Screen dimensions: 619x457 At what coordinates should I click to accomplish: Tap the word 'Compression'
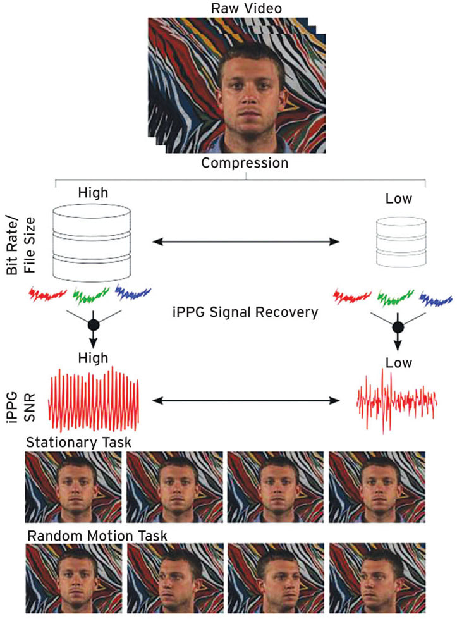coord(245,163)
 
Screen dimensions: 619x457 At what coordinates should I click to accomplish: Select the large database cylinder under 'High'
coord(93,242)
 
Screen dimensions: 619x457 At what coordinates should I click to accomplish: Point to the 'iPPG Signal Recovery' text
coord(244,311)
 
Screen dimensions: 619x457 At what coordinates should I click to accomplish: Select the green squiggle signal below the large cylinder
coord(92,293)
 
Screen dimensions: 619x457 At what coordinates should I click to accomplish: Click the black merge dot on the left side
coord(94,325)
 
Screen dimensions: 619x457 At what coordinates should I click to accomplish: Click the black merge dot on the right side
coord(398,327)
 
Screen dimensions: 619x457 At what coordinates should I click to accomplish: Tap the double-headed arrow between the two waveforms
coord(246,400)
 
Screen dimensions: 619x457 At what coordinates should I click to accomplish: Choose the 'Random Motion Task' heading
coord(97,536)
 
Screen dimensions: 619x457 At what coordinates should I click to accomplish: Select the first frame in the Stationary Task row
coord(73,486)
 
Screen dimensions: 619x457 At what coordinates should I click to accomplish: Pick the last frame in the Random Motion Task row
coord(377,579)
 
